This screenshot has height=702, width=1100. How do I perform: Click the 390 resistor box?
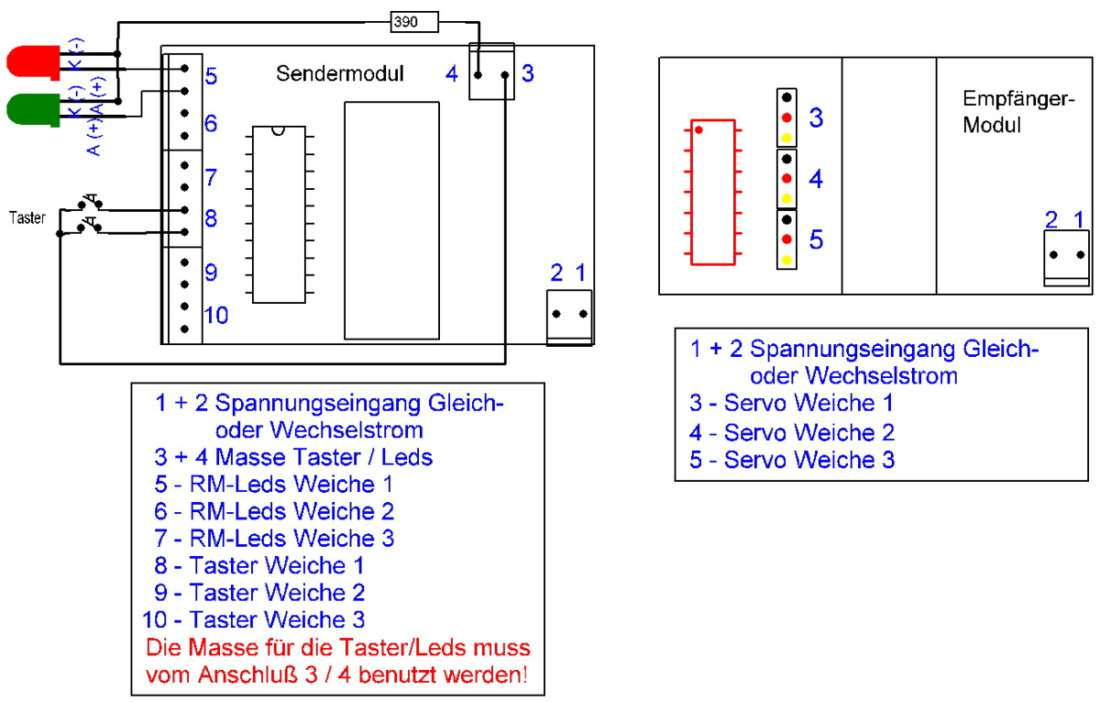(414, 22)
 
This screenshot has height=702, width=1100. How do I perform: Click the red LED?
(33, 62)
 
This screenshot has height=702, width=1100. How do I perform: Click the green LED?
(33, 110)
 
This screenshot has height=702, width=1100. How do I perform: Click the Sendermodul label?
(340, 73)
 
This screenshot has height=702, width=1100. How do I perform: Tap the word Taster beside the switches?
(27, 217)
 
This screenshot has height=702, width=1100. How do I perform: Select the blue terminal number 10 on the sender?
(216, 315)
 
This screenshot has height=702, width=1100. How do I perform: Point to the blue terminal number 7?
(211, 177)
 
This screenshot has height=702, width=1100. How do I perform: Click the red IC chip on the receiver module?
(712, 192)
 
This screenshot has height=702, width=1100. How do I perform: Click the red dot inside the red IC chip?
(698, 130)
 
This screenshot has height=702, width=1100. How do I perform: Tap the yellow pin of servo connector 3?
(786, 139)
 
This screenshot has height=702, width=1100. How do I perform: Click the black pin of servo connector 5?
(786, 219)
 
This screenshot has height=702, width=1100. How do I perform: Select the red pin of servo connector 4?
(786, 178)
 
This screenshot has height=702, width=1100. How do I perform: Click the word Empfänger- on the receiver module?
(1018, 99)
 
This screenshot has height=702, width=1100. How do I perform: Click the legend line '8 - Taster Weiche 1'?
(258, 565)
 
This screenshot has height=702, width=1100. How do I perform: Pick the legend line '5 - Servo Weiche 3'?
(792, 460)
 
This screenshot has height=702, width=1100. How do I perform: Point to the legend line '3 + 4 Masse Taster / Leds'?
(293, 457)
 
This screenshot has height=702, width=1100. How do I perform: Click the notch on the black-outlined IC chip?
(278, 130)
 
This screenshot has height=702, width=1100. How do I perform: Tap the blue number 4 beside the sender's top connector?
(452, 74)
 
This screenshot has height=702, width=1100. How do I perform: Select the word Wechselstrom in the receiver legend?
(881, 376)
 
